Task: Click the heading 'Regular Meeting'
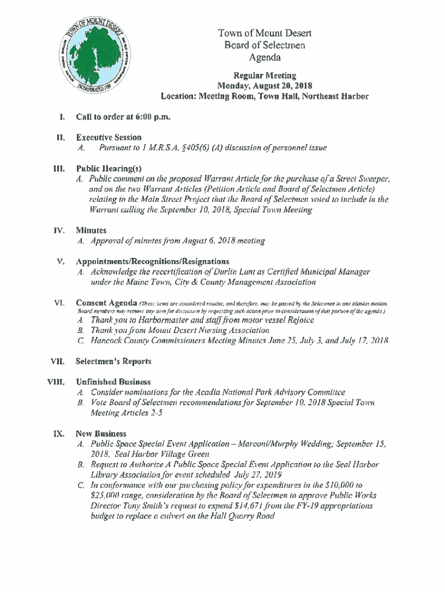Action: (265, 75)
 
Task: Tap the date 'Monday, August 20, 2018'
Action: (265, 86)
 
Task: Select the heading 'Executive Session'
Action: (109, 138)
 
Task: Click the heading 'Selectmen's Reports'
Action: (113, 361)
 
